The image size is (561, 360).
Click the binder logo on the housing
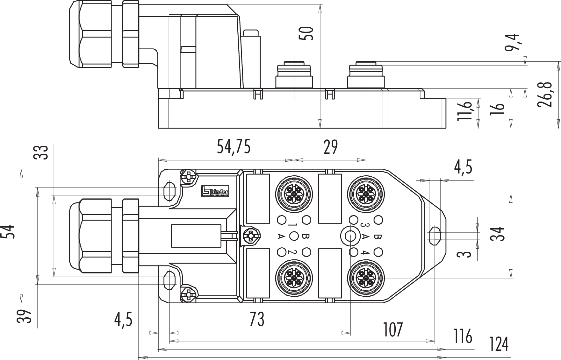click(x=215, y=191)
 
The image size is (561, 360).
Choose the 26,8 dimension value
click(x=544, y=95)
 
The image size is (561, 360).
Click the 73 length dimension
click(x=257, y=319)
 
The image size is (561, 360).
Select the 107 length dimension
click(x=392, y=330)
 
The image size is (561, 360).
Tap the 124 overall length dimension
click(x=499, y=344)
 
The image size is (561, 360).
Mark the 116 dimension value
click(x=463, y=336)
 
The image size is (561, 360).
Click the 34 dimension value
click(x=498, y=234)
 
